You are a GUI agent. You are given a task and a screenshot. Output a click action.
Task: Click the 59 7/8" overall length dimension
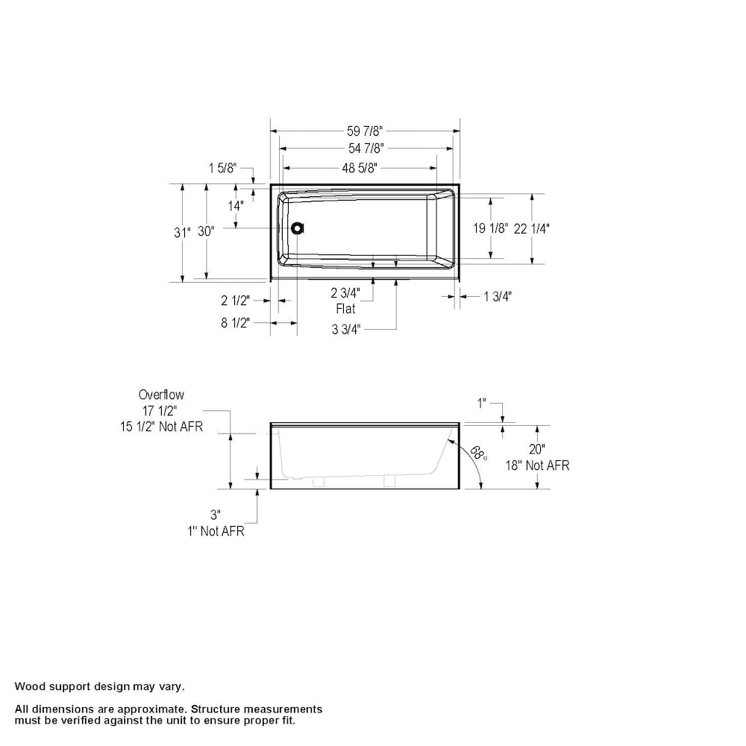[365, 131]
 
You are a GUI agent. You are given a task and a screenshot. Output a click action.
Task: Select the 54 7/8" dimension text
[366, 148]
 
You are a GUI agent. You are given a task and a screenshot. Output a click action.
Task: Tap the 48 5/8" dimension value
[360, 168]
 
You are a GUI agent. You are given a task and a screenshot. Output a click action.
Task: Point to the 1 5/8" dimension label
[222, 168]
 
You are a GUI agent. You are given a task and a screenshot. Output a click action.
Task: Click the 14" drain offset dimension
[236, 206]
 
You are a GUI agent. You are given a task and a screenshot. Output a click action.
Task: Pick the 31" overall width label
[182, 232]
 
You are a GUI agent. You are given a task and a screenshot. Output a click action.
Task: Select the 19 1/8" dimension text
[491, 228]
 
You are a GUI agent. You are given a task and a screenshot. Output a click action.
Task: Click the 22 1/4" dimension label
[531, 229]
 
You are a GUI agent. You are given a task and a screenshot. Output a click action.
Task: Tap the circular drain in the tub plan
[298, 228]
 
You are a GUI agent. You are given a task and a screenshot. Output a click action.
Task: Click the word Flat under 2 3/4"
[346, 309]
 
